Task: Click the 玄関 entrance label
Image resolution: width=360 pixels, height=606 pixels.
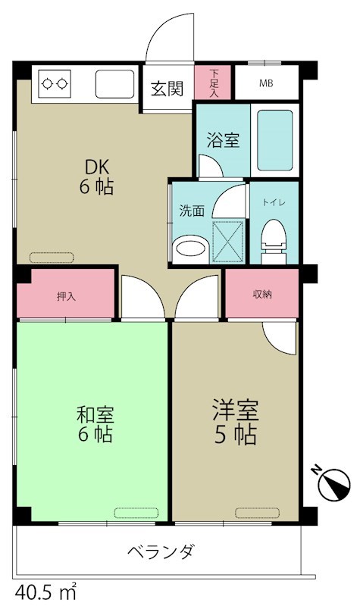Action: pyautogui.click(x=166, y=89)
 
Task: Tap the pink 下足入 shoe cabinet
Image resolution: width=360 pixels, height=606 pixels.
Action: pyautogui.click(x=214, y=83)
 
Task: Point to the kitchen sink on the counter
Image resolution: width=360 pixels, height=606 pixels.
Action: pyautogui.click(x=114, y=83)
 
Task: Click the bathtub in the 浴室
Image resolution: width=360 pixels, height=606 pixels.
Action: pyautogui.click(x=274, y=141)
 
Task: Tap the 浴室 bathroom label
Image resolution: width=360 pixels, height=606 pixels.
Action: pyautogui.click(x=223, y=140)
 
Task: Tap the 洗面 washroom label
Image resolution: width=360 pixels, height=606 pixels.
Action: pyautogui.click(x=191, y=211)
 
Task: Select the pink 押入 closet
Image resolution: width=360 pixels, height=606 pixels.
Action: pyautogui.click(x=67, y=295)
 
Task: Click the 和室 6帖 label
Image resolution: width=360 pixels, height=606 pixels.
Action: pyautogui.click(x=95, y=424)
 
